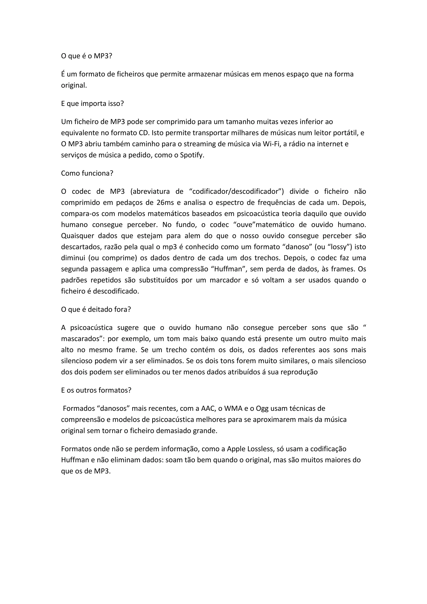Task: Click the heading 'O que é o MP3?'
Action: (87, 56)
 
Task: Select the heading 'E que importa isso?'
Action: (92, 103)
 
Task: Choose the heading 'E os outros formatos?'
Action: (96, 390)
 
